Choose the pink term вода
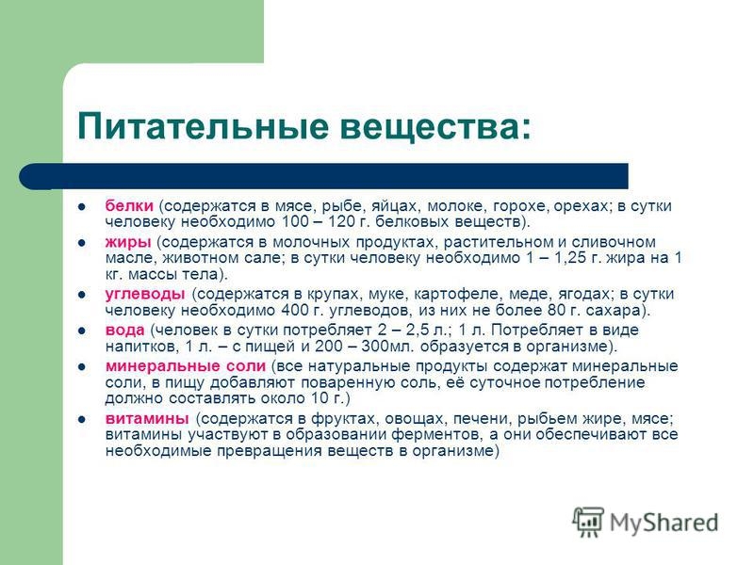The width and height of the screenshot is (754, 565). tap(125, 330)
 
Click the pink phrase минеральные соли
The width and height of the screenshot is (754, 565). tap(185, 365)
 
